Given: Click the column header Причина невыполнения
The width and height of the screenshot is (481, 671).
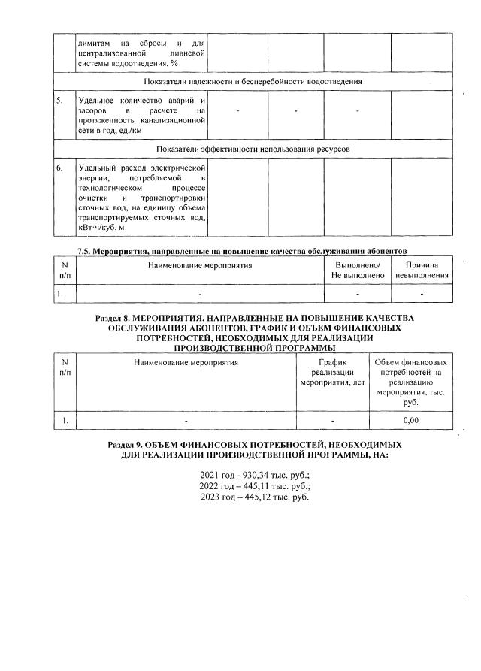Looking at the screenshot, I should click(422, 271).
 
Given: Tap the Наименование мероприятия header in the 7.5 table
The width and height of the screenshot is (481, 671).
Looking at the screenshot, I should click(199, 265).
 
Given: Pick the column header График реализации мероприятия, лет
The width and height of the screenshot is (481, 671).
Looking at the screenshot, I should click(331, 373).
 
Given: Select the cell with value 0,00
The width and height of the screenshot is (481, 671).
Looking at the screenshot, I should click(410, 421).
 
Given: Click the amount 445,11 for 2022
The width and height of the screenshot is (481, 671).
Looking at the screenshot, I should click(247, 486).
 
